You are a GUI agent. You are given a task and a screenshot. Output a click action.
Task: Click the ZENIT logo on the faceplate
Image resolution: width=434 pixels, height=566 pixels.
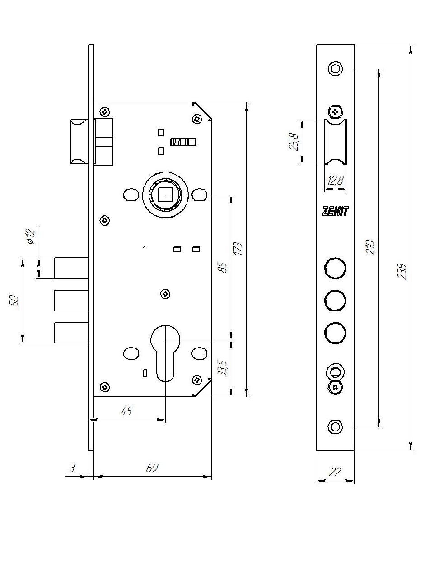pos(335,211)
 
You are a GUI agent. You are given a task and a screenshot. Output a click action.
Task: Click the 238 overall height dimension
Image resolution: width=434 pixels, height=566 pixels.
pos(402,272)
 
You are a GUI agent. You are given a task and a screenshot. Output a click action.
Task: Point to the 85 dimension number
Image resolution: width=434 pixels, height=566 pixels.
pos(222,266)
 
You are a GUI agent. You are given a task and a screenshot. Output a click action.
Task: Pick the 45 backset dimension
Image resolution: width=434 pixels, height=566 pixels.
pos(126,411)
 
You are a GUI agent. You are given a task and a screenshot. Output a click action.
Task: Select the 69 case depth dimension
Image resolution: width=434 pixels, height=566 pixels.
pos(152,468)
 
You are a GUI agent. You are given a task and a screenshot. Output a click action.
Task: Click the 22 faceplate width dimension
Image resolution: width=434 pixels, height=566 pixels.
pos(335,472)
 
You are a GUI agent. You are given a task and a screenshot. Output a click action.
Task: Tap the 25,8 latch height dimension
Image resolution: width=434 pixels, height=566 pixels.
pos(294,142)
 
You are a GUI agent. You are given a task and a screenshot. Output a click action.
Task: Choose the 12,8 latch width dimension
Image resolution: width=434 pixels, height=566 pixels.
pos(335,181)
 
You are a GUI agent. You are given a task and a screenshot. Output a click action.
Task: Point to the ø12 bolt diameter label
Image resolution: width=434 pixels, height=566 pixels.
pos(30,237)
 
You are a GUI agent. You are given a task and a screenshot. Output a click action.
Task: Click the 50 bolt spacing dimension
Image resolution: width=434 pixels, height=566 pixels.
pos(15,301)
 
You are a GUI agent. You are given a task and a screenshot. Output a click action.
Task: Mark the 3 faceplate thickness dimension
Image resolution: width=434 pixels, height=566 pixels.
pos(72,468)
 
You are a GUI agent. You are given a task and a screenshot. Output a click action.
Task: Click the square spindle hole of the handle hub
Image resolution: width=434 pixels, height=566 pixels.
pos(165,195)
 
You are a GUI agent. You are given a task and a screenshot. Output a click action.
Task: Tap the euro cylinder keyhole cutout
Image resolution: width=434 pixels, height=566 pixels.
pos(165,352)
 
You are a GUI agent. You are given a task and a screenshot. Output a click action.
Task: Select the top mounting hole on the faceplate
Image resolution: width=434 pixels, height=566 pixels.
pos(335,69)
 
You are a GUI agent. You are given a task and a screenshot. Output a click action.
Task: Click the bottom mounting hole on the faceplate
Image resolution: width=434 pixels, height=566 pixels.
pos(335,427)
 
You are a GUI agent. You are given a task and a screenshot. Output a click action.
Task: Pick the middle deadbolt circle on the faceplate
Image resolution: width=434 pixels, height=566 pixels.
pos(335,301)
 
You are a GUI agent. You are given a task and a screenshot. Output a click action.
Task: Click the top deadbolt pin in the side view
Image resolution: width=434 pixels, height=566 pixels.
pos(71,268)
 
